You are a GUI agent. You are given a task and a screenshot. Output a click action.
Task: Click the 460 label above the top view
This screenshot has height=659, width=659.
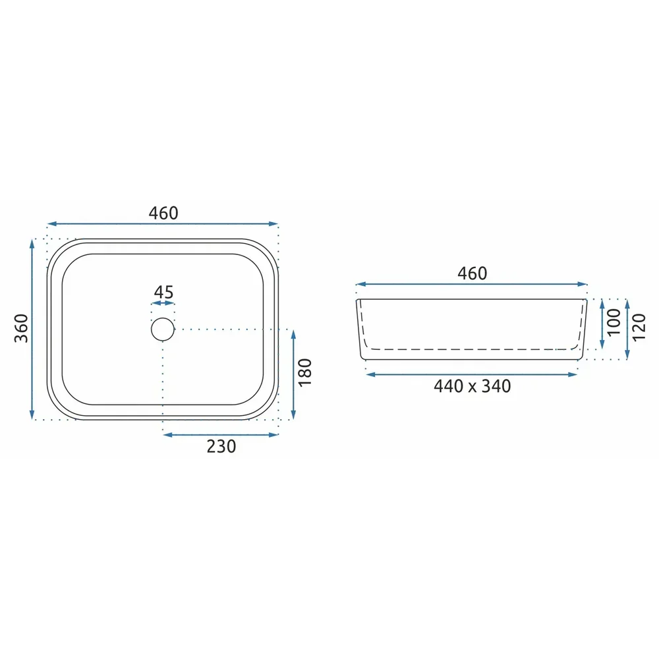pos(163,213)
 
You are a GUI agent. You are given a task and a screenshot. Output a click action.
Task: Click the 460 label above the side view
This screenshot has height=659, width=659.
pos(473,273)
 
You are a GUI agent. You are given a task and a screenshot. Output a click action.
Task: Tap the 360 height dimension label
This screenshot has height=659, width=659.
pos(22,328)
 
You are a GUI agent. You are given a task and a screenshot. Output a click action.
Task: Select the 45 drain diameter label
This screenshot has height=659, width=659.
pos(163,292)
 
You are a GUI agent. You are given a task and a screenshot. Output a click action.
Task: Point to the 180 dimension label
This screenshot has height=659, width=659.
pos(305,372)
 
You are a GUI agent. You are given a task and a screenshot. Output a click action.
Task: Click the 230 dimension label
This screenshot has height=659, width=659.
pos(221,446)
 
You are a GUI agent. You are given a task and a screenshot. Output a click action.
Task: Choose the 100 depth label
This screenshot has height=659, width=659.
pos(614,322)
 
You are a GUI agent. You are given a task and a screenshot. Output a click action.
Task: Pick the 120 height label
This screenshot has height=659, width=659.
pos(639,328)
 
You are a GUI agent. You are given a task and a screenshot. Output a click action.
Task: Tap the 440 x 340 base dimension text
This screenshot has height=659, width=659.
pos(473,386)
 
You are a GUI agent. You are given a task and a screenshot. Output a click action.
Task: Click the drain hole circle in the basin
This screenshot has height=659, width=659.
pos(163,318)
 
